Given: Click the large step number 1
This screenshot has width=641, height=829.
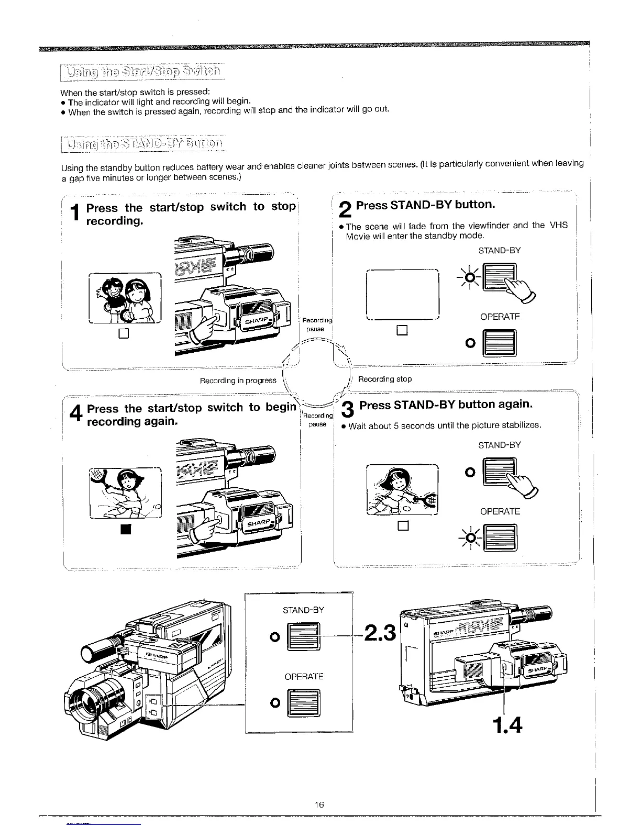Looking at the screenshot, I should click(x=76, y=215).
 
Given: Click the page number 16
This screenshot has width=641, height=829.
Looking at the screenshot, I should click(x=320, y=804).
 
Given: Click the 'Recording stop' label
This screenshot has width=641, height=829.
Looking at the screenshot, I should click(x=384, y=379).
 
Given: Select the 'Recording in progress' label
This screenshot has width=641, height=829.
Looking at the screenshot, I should click(x=238, y=380).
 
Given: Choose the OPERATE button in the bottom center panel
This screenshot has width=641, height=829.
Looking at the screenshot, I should click(x=304, y=703).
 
